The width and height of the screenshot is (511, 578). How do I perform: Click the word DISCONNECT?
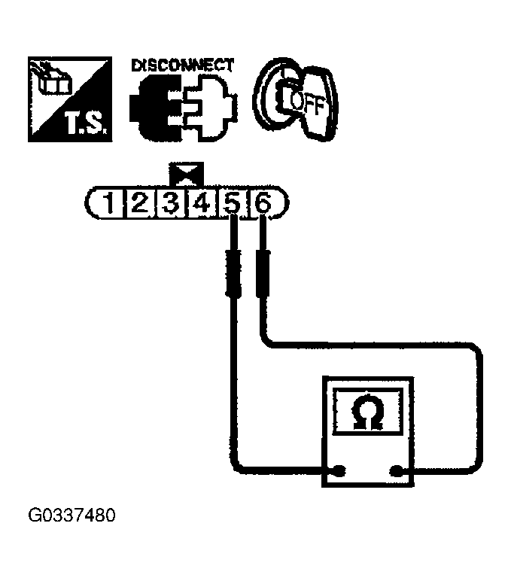(x=183, y=65)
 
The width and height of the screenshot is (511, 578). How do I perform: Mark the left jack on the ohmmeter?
(x=339, y=471)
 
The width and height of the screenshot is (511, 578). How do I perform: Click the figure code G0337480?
(x=71, y=519)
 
